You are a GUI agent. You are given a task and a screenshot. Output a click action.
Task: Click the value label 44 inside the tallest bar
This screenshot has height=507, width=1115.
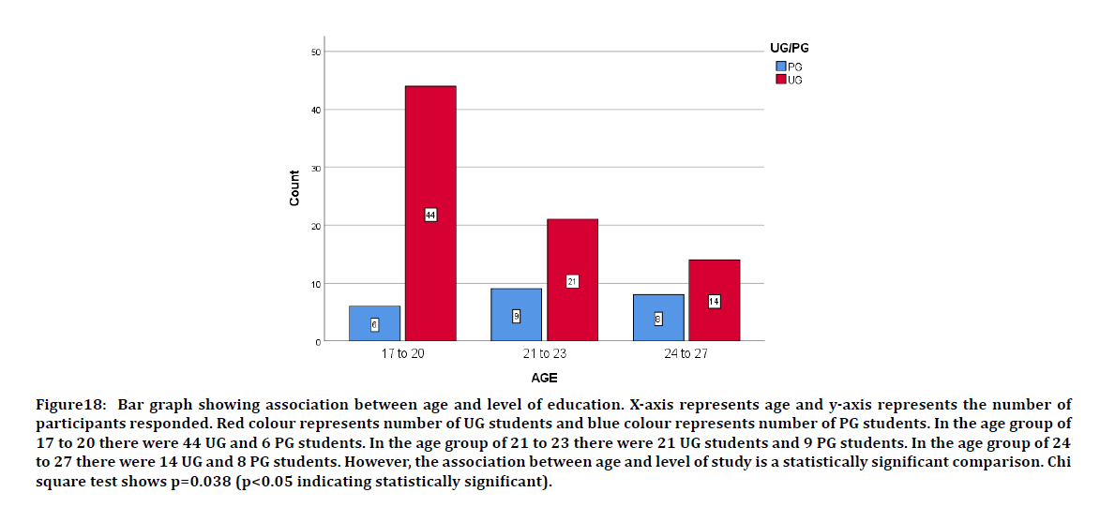pos(430,215)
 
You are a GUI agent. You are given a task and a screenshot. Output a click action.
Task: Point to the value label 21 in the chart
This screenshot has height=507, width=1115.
pos(572,281)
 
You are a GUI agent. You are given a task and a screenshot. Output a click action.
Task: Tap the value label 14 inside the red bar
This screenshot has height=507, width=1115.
pos(714,302)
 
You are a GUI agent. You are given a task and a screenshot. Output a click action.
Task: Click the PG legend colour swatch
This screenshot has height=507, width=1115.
pos(780,67)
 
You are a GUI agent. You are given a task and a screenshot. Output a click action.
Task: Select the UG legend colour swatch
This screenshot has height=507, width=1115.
pos(780,80)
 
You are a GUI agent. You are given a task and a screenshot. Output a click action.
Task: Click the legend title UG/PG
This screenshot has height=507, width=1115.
pos(783,48)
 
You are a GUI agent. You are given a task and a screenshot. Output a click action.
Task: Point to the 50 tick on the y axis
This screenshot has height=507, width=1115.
pos(315,52)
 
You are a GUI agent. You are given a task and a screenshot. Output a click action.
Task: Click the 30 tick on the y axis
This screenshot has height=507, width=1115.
pos(315,168)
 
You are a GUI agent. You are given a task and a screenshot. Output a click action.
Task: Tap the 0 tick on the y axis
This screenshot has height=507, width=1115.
pos(317,342)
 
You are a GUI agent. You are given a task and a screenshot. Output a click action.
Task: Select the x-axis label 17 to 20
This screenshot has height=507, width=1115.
pos(401,354)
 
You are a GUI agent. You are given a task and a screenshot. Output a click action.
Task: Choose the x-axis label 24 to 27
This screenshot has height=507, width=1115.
pos(686,354)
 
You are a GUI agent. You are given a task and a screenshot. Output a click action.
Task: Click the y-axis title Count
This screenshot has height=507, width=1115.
pos(294,188)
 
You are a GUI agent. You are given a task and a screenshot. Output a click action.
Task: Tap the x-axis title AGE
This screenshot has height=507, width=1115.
pos(544,379)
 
